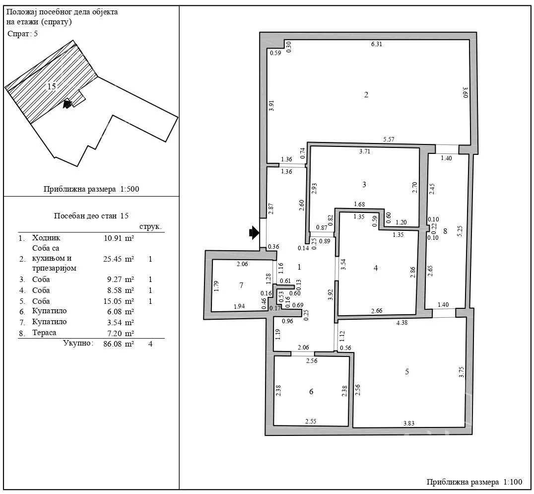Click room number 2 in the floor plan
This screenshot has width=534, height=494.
pyautogui.click(x=366, y=95)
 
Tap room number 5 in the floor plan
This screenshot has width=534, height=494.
pyautogui.click(x=407, y=372)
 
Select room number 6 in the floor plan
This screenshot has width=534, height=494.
pyautogui.click(x=311, y=392)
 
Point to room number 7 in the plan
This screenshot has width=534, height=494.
pyautogui.click(x=242, y=285)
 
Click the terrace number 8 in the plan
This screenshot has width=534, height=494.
pyautogui.click(x=445, y=231)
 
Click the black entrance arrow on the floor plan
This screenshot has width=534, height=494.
pyautogui.click(x=254, y=233)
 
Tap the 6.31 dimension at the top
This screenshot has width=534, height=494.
pyautogui.click(x=376, y=44)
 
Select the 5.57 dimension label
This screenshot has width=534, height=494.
pyautogui.click(x=389, y=140)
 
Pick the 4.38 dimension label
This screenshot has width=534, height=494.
pyautogui.click(x=402, y=322)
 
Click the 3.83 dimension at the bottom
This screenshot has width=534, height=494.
pyautogui.click(x=408, y=423)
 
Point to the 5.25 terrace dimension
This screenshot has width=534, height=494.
pyautogui.click(x=460, y=231)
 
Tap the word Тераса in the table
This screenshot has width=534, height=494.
pyautogui.click(x=44, y=333)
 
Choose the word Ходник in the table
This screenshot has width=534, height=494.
pyautogui.click(x=46, y=238)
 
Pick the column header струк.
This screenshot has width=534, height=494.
pyautogui.click(x=150, y=227)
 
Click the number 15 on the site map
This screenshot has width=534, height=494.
pyautogui.click(x=52, y=86)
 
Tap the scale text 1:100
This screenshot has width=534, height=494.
pyautogui.click(x=513, y=482)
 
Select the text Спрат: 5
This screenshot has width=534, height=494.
pyautogui.click(x=22, y=34)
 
